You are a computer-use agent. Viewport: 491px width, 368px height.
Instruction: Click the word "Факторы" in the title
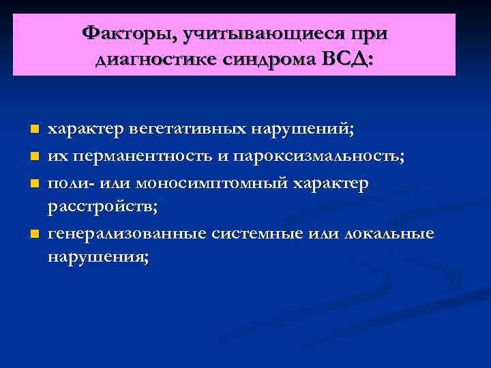pyautogui.click(x=123, y=33)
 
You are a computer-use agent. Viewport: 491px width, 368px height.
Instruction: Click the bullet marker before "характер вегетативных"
pyautogui.click(x=35, y=128)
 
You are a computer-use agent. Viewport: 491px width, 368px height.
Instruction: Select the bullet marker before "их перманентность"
pyautogui.click(x=35, y=157)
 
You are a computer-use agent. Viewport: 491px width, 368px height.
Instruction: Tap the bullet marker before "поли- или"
pyautogui.click(x=35, y=185)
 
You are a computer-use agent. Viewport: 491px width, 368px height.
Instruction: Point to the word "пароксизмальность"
pyautogui.click(x=319, y=157)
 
